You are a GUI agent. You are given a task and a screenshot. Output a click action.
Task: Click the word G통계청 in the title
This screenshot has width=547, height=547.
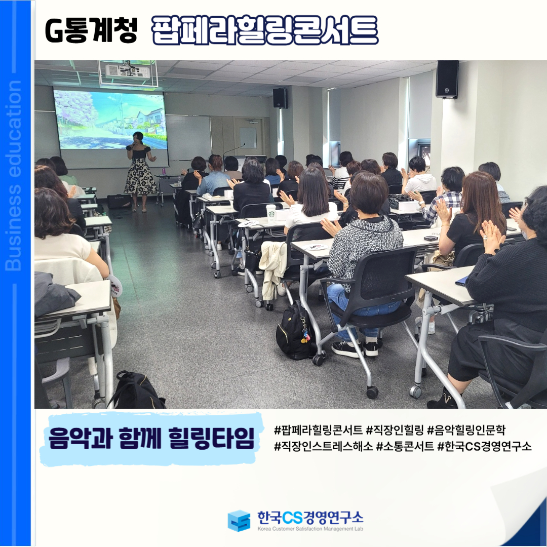coord(91,31)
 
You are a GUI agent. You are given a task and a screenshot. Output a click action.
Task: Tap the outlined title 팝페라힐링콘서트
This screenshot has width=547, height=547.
coord(265,30)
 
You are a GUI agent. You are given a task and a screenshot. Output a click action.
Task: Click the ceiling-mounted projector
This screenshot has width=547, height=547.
coord(128,71)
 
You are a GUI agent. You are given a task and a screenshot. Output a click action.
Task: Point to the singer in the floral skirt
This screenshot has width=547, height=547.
coord(140,171)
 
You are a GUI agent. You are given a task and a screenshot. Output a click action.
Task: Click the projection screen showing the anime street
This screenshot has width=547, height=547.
coord(110,120)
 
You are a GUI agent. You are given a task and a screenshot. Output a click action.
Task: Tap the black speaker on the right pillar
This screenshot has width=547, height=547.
coord(447,79)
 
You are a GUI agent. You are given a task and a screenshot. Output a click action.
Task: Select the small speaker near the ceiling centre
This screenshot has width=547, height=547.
coord(280,98)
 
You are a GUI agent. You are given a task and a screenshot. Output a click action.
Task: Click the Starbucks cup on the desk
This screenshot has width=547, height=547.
coord(271,212)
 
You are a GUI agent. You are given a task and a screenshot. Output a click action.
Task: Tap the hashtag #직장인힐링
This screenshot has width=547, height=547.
coord(395,430)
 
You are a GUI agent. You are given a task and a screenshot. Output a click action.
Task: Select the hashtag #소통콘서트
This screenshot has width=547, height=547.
coord(405,446)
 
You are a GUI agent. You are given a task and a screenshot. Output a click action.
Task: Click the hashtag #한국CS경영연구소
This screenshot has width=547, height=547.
coord(485,446)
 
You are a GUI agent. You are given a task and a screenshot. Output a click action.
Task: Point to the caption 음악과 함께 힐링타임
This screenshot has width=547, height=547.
coord(151,438)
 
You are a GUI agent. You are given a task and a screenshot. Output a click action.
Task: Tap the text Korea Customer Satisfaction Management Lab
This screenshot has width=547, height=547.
coord(310,529)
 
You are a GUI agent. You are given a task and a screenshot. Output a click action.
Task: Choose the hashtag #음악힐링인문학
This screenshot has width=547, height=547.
coord(466,430)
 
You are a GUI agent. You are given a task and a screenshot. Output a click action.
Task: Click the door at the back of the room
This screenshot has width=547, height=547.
coord(248,137)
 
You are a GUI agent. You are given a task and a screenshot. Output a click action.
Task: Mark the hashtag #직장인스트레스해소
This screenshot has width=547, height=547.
coord(323,446)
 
